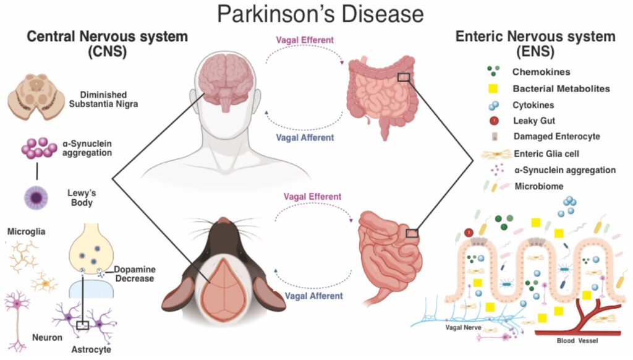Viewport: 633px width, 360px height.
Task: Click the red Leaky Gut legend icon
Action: pos(493,121)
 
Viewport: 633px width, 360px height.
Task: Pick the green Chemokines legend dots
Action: pos(493,72)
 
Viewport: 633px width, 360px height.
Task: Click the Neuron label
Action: pos(47,338)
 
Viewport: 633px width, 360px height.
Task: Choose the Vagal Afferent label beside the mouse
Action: pos(313,296)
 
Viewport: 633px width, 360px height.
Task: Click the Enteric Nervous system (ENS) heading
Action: pos(535,43)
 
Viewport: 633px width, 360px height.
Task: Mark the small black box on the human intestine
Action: pos(404,77)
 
